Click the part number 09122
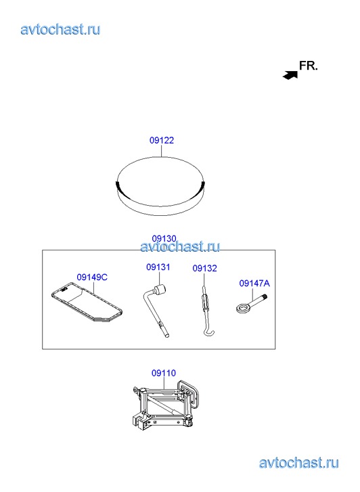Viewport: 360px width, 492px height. click(x=162, y=140)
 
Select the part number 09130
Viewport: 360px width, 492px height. click(x=164, y=239)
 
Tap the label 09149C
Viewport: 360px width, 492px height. click(x=92, y=277)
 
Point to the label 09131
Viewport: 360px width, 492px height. click(x=158, y=267)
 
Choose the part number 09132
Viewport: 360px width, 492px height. click(x=204, y=268)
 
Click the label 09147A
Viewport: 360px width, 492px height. click(x=254, y=284)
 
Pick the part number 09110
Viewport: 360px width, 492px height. click(x=164, y=373)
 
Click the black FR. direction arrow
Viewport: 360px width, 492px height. click(x=290, y=75)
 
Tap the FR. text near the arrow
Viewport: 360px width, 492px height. click(x=309, y=66)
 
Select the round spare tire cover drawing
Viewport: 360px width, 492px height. click(x=160, y=186)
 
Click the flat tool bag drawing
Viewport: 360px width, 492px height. click(x=87, y=303)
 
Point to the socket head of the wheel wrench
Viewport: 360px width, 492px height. click(x=160, y=289)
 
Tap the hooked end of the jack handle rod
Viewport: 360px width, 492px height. click(x=208, y=332)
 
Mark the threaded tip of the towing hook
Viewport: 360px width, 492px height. click(x=265, y=296)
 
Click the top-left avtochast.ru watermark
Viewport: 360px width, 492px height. click(x=61, y=30)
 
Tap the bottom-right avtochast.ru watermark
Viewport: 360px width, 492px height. click(x=299, y=463)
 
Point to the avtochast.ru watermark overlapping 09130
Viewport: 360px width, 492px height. click(x=180, y=246)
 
